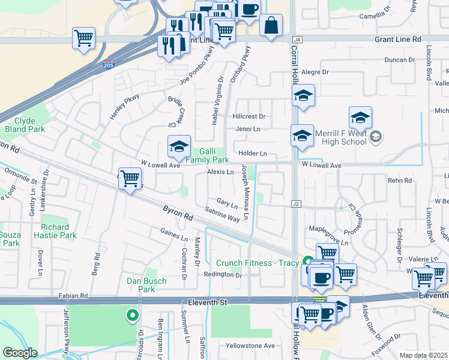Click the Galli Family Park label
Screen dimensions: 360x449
coord(207,156)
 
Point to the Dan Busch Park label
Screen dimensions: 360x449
coord(142,284)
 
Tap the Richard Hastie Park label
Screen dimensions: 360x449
coord(59,232)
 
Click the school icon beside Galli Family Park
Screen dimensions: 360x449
coord(179,146)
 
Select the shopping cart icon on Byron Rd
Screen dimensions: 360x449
coord(130,178)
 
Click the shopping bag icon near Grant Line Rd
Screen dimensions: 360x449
coord(271,25)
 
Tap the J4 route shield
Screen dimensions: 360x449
coord(298,38)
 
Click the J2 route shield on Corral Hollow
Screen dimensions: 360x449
coord(295,204)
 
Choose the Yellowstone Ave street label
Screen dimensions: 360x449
coord(250,346)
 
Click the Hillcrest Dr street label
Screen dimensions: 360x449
coord(249,116)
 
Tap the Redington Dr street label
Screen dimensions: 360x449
coord(223,275)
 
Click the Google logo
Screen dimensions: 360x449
coord(20,353)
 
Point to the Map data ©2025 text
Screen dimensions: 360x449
coord(423,355)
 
